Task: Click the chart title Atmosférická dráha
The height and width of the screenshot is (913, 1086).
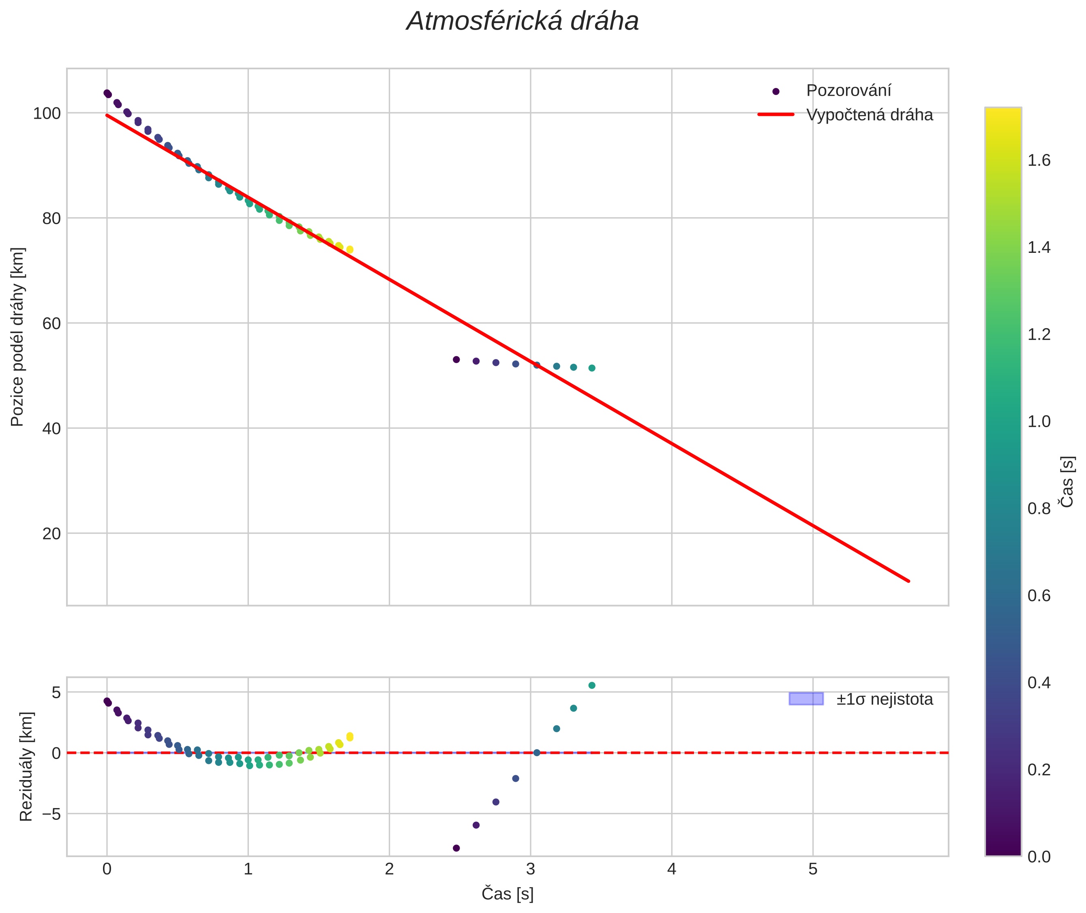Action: (x=522, y=22)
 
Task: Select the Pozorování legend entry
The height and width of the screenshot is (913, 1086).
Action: (x=848, y=91)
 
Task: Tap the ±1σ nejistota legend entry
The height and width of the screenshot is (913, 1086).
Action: (x=884, y=699)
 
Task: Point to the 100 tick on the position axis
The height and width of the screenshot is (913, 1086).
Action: (x=47, y=113)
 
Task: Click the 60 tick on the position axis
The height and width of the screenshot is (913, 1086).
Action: (x=51, y=323)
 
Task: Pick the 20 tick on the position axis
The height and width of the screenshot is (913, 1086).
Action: (x=51, y=534)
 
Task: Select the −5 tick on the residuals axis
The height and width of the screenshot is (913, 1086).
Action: (x=49, y=814)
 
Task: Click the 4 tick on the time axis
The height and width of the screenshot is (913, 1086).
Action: (x=671, y=869)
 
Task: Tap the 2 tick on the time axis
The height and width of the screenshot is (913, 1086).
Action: (x=389, y=869)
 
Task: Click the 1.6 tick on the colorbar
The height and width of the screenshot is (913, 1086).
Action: (x=1039, y=160)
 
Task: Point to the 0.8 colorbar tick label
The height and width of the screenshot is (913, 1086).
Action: (x=1039, y=509)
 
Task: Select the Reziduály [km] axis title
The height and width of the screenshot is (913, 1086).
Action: (x=26, y=767)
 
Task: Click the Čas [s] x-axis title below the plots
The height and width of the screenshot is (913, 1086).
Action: (x=507, y=894)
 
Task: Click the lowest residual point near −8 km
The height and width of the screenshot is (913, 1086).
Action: (x=456, y=848)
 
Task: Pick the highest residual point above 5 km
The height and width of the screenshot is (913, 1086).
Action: (x=592, y=685)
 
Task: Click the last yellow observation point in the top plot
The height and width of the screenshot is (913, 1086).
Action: (x=350, y=250)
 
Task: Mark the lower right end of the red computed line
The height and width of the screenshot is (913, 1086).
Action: (x=908, y=581)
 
